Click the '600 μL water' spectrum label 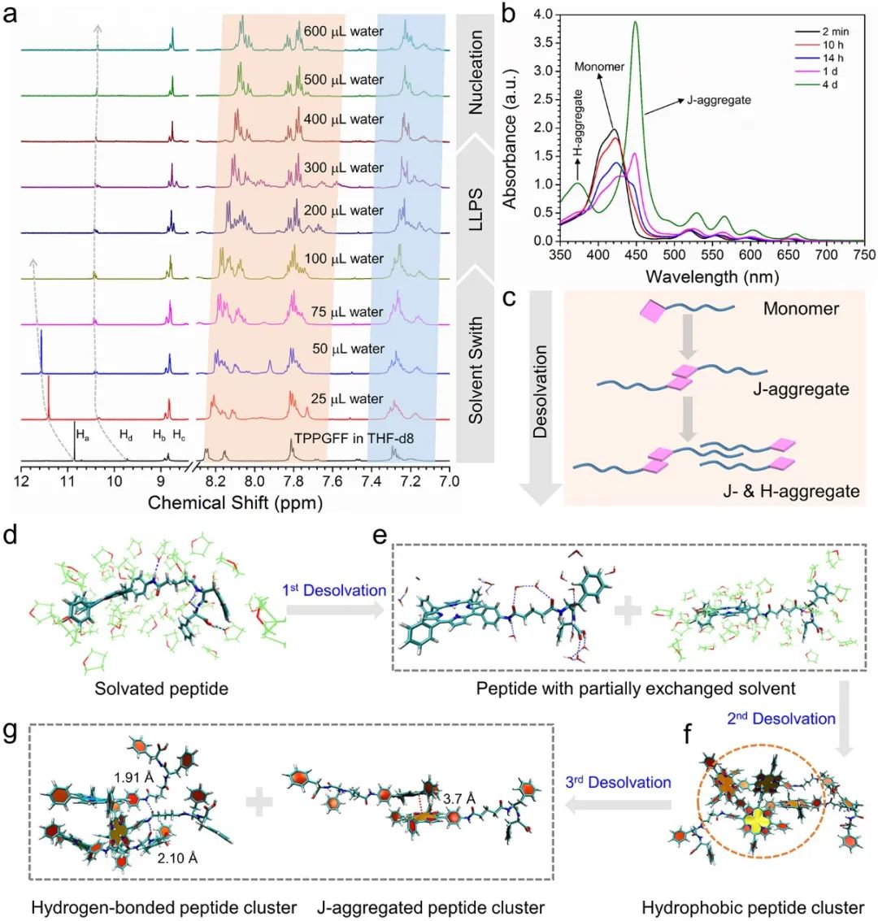pos(344,33)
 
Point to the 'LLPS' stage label pos(476,211)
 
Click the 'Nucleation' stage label pos(476,72)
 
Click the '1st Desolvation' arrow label pos(334,590)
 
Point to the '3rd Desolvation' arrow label pos(619,782)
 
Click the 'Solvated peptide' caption pos(161,689)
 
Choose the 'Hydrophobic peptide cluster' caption pos(753,906)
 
